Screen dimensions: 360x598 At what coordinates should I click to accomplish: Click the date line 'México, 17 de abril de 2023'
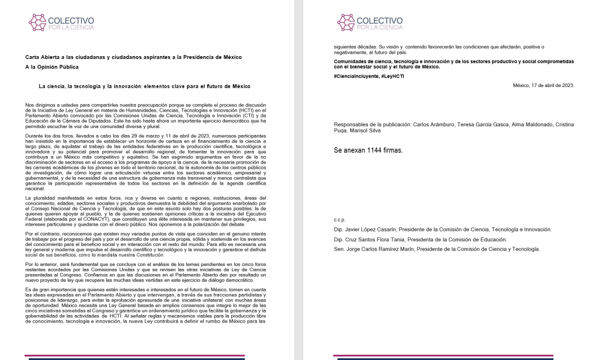pyautogui.click(x=543, y=85)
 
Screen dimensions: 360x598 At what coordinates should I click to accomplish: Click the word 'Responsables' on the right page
pyautogui.click(x=352, y=124)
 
